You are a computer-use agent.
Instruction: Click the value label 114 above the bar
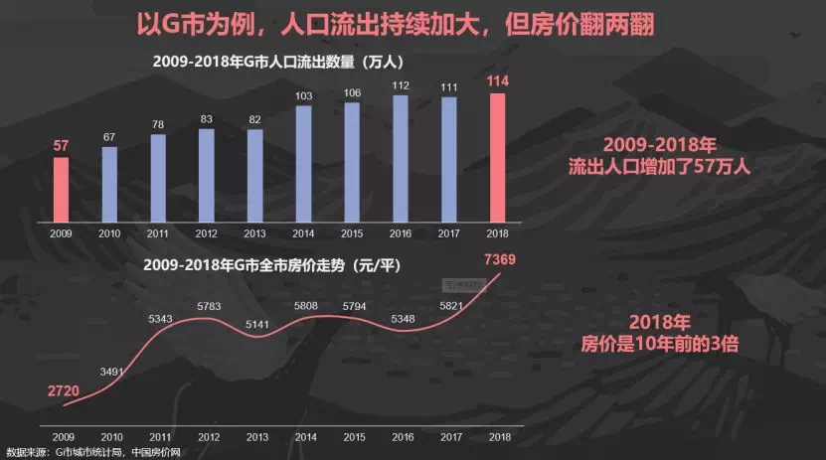(498, 81)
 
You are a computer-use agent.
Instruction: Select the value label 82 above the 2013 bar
(255, 119)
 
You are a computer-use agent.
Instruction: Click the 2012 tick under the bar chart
(207, 234)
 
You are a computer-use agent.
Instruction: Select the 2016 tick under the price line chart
(401, 436)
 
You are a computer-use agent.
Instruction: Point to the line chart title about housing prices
(270, 265)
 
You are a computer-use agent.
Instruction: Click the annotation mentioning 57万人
(657, 155)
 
